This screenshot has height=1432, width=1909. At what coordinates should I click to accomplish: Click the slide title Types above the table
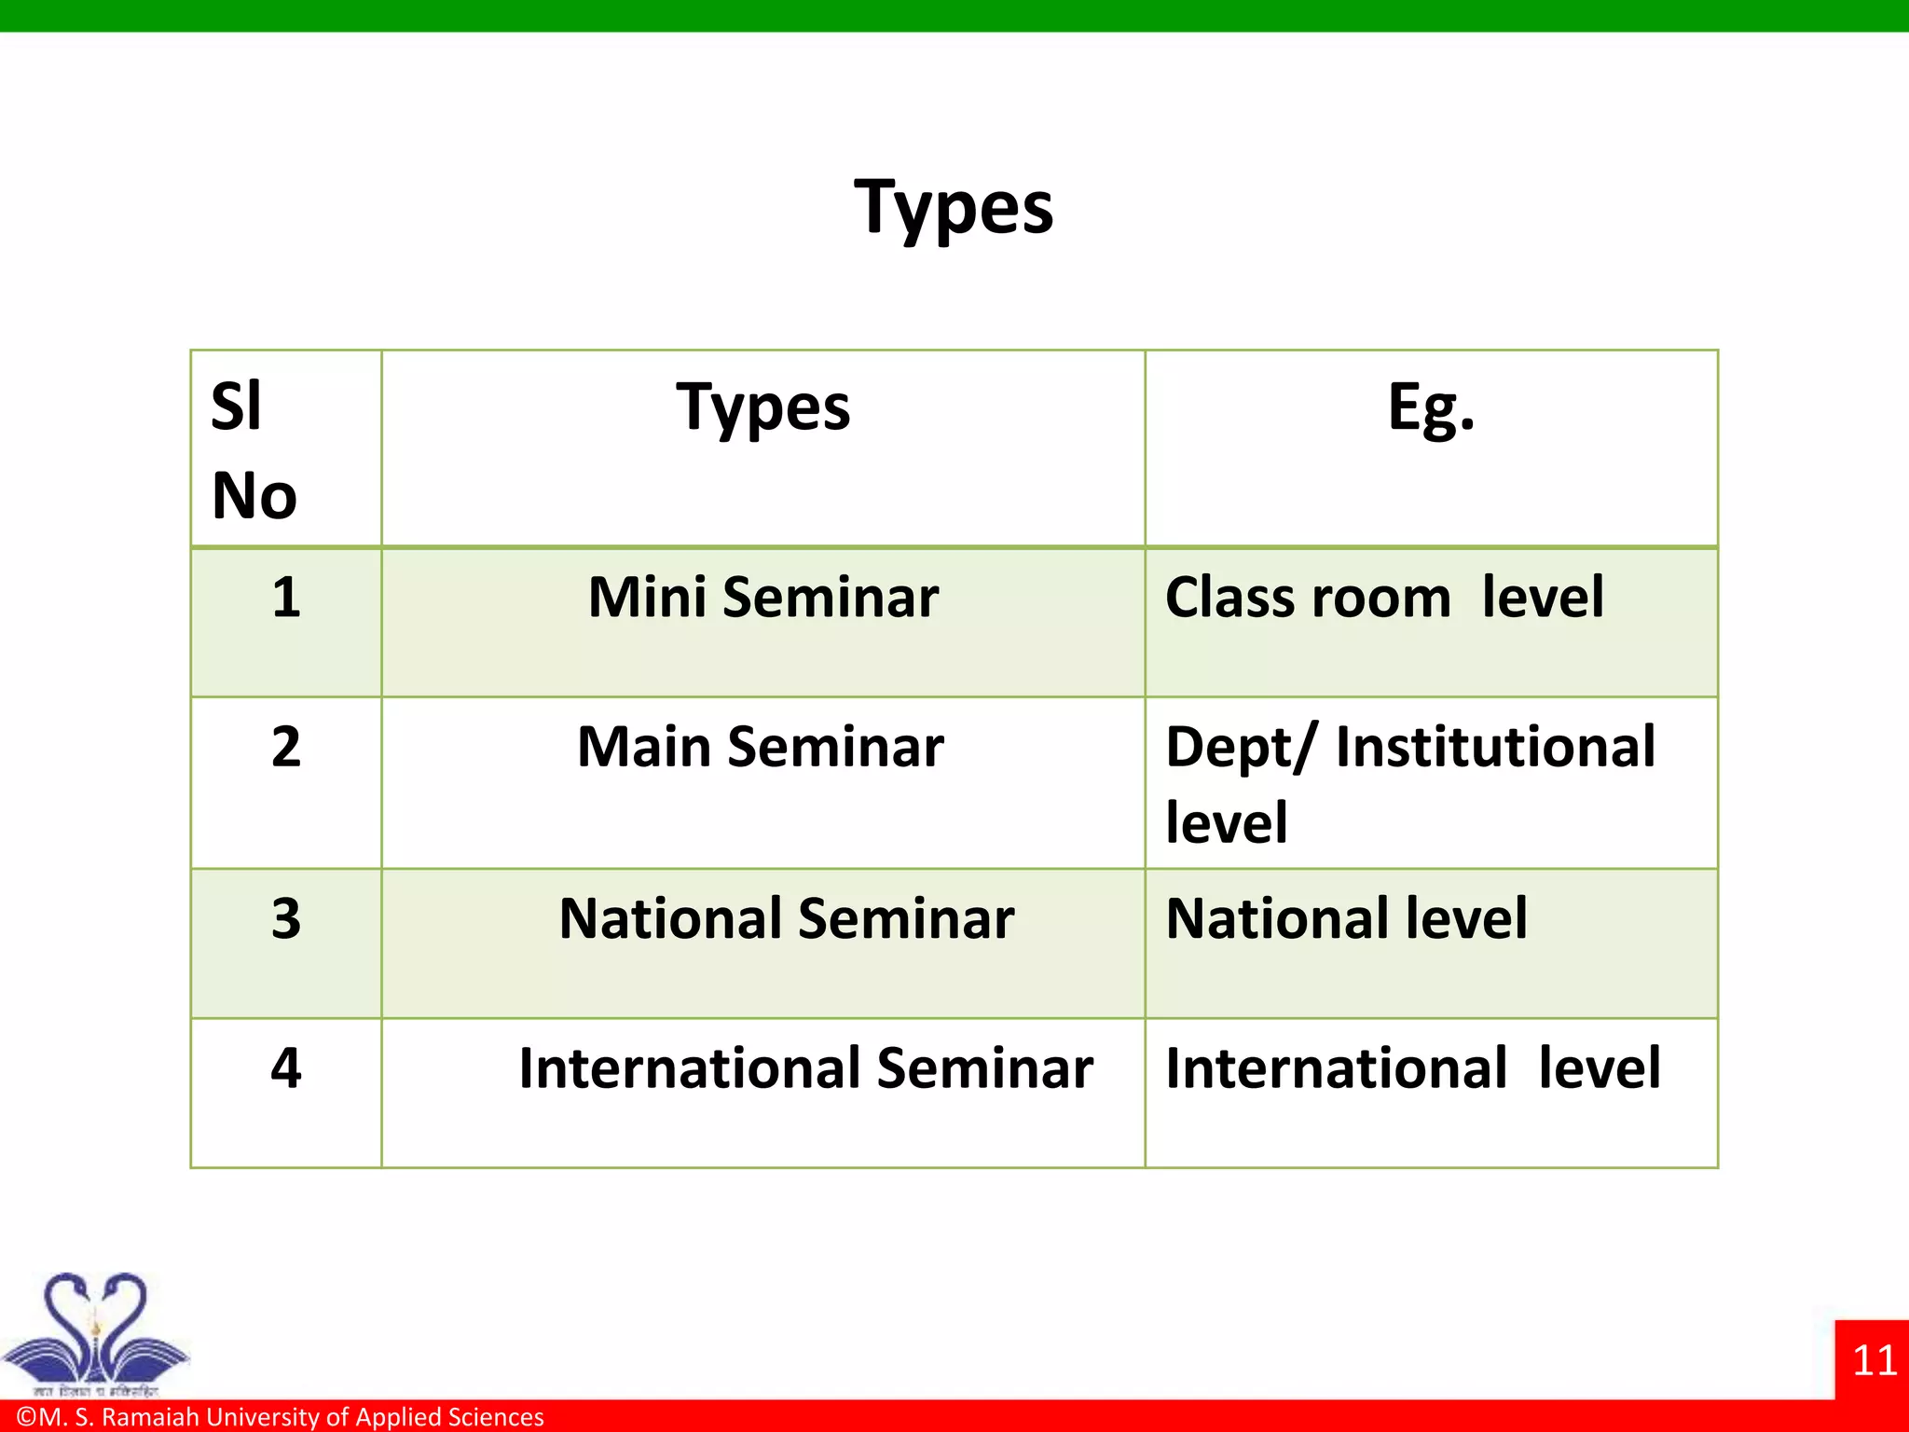(954, 208)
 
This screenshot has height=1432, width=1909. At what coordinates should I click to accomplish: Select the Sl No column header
(254, 450)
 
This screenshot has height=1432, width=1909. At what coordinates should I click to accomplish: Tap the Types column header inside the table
(762, 408)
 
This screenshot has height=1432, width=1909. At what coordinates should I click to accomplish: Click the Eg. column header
(1431, 408)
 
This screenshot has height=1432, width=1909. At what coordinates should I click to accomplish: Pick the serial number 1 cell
(286, 598)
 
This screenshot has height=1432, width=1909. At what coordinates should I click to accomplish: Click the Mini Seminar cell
(762, 598)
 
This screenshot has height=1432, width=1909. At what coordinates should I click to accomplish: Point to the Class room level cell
(1384, 598)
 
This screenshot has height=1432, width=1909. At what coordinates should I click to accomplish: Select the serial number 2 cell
(286, 747)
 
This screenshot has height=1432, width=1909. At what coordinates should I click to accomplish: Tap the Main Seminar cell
(761, 748)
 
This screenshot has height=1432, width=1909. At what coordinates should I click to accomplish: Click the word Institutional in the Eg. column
(1495, 748)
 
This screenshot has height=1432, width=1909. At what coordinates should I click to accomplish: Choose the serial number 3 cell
(286, 919)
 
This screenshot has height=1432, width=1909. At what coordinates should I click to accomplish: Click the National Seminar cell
(786, 919)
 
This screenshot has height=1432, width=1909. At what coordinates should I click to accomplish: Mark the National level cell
(1346, 919)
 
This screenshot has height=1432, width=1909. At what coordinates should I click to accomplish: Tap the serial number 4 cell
(286, 1068)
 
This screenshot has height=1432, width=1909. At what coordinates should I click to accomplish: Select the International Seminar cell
(805, 1068)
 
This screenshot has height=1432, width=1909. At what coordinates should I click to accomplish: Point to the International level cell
(1412, 1068)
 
